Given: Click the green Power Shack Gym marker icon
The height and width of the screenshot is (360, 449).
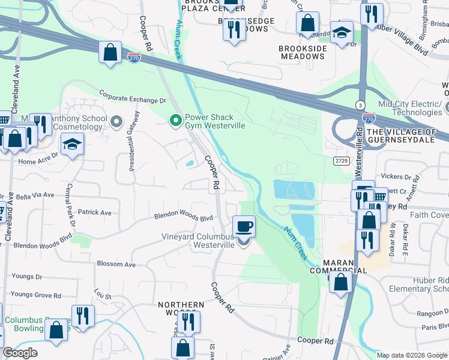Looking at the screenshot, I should point(175,122).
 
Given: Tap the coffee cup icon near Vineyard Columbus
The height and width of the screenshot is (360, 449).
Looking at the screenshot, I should point(243,227).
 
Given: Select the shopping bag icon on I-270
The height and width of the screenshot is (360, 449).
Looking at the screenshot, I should point(110,52).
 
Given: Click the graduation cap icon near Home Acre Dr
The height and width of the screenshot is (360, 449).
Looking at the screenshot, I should point(73,145).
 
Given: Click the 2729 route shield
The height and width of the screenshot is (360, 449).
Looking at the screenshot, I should point(341,160).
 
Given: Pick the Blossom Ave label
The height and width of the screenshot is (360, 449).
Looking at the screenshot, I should point(116,264).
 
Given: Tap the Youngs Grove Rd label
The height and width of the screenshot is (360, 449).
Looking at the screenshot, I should point(36,295).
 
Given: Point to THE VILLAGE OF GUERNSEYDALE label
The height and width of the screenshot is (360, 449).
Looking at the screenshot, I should point(407,136).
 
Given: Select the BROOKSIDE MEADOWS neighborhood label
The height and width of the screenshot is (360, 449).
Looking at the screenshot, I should point(302,52).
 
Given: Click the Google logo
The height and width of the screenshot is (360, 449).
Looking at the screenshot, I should point(20,353).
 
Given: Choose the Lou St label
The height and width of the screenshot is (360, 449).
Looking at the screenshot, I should point(103,296).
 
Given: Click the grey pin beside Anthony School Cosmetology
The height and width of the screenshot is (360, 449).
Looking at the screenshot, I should point(116,122).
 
